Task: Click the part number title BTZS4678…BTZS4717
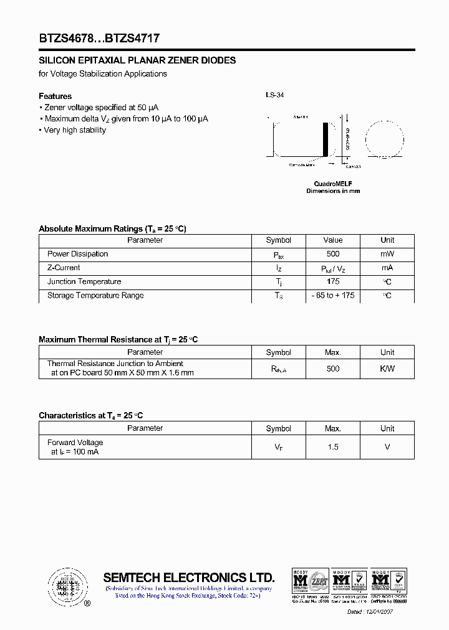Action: pos(99,38)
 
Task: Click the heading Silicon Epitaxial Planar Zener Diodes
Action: pos(137,60)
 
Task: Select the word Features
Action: pos(55,96)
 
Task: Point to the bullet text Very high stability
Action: pos(74,130)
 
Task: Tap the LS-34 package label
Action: pos(274,95)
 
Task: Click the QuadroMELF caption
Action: pos(332,184)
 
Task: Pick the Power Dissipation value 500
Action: pos(333,254)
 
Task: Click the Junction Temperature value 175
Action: pos(333,282)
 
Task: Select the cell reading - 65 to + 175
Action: pos(333,296)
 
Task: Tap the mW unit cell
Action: pos(387,254)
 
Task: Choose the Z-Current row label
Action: pos(64,268)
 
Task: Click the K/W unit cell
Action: pos(387,369)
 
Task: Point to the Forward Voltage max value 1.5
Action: pos(333,447)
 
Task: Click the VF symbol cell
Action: pos(278,447)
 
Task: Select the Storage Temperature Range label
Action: pos(95,296)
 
